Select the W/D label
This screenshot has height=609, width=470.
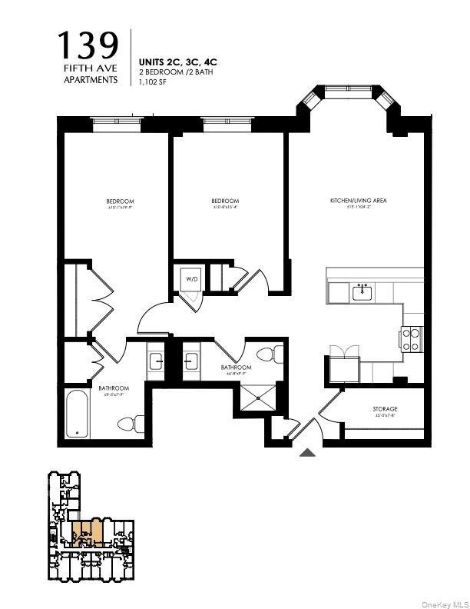(190, 279)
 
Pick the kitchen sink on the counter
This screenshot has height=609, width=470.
(361, 292)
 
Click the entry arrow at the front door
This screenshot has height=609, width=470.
(307, 452)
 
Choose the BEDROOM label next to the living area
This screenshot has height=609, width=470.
(225, 201)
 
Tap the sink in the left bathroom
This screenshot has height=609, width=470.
(154, 361)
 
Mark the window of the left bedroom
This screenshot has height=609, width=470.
(114, 121)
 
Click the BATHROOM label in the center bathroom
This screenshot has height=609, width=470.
(236, 368)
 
